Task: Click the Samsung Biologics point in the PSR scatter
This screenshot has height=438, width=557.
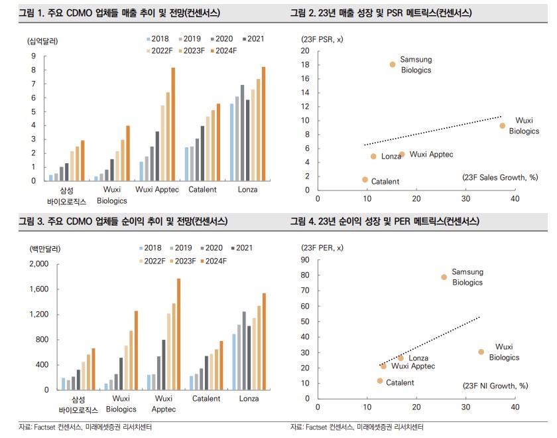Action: (393, 64)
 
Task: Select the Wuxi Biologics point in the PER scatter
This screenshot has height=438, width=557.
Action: (481, 352)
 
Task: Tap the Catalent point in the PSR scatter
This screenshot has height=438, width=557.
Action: (365, 180)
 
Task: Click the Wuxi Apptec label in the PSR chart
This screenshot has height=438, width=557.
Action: (431, 155)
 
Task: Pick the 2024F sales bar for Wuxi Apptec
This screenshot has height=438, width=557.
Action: (173, 124)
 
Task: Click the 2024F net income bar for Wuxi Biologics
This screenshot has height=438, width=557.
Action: (137, 350)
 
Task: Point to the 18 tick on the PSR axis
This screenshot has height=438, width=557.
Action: (305, 64)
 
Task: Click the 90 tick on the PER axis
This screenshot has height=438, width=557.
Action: (305, 259)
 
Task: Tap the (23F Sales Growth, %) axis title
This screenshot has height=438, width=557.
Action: (499, 178)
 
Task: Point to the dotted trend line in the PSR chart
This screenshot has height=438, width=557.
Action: (431, 131)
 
